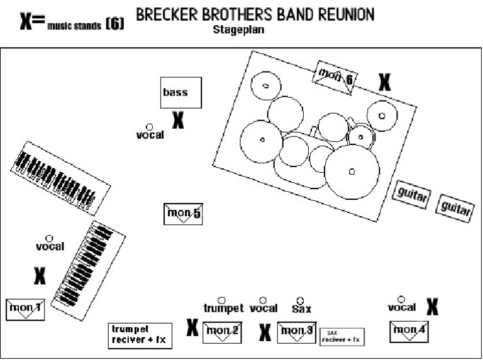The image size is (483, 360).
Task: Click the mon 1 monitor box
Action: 25,309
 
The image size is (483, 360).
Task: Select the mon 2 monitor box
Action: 222,332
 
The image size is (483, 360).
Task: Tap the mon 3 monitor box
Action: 296,332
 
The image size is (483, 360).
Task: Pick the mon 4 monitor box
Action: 409,330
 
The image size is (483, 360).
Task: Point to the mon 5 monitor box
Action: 182,214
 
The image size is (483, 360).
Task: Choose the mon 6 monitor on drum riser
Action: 336,77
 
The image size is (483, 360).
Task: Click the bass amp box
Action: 181,93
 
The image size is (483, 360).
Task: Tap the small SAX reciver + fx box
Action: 342,337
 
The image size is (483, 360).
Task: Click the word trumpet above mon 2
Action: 223,308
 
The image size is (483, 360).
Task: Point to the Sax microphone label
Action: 301,308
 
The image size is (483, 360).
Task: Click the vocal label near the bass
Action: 150,135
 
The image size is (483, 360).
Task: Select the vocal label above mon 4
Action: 401,307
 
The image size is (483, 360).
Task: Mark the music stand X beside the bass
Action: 178,120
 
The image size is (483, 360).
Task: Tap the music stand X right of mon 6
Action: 384,82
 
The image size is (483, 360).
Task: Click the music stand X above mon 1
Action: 40,275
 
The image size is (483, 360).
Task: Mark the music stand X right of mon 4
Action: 432,306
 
